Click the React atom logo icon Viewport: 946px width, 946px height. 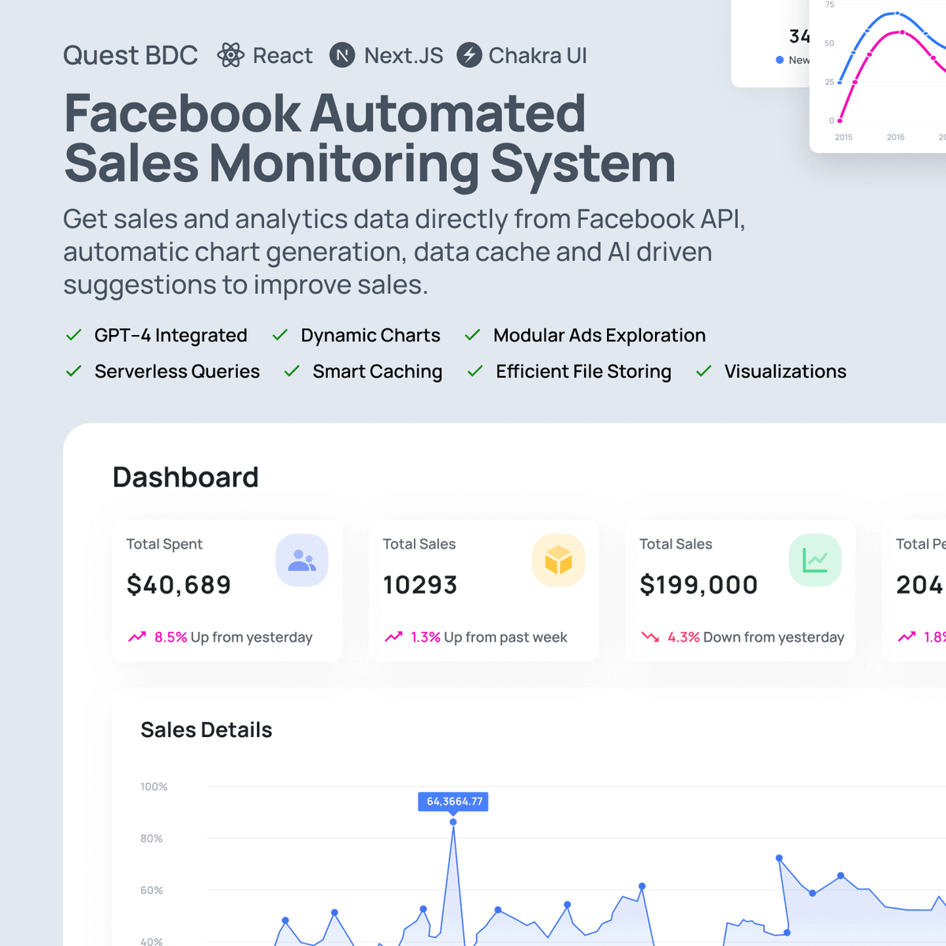[x=231, y=55]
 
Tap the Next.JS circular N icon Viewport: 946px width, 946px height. [x=342, y=55]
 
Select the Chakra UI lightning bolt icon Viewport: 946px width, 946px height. [x=469, y=55]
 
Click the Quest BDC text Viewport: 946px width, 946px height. [x=130, y=55]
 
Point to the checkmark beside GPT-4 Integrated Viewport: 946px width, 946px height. [x=74, y=335]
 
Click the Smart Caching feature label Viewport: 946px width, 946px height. [x=377, y=371]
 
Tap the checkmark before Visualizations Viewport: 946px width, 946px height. [x=704, y=371]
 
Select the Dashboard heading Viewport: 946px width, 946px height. [x=185, y=477]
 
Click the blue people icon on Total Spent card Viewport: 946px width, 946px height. [x=302, y=561]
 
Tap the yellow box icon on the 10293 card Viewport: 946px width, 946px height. [x=558, y=561]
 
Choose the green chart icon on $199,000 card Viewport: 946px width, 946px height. [x=815, y=561]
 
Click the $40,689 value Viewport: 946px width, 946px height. [x=179, y=585]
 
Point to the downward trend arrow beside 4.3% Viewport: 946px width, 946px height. [x=650, y=637]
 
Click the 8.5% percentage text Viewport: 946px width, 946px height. [x=170, y=637]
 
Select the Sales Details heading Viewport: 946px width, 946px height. [x=206, y=730]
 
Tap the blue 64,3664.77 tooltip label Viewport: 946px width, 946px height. [x=453, y=802]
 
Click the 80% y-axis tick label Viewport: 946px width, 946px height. [x=151, y=839]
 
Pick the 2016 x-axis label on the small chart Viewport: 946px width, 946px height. [x=896, y=137]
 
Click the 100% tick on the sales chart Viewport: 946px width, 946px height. [x=154, y=787]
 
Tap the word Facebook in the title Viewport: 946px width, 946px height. [x=182, y=114]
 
